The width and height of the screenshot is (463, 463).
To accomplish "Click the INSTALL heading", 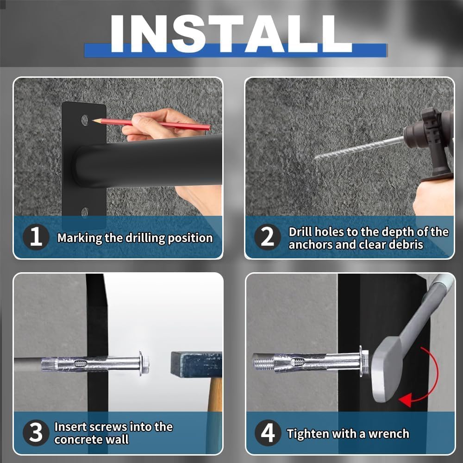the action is point(231,34).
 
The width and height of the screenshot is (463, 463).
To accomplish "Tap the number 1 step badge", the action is point(36,237).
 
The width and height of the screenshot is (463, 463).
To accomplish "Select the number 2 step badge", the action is point(267,237).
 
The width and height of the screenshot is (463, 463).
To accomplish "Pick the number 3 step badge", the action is point(36,432).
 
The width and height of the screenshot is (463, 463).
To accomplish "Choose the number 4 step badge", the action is point(268,432).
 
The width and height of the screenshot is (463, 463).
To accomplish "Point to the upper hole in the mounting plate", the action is point(85,120).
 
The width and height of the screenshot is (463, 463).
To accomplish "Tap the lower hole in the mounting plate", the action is point(85,213).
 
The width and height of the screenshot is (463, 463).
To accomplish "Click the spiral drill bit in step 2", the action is point(359,148).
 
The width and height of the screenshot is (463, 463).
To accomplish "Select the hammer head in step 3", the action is point(196,364).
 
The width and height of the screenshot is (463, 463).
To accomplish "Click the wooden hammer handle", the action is point(215,394).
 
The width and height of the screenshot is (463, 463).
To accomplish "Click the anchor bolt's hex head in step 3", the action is point(144,363).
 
